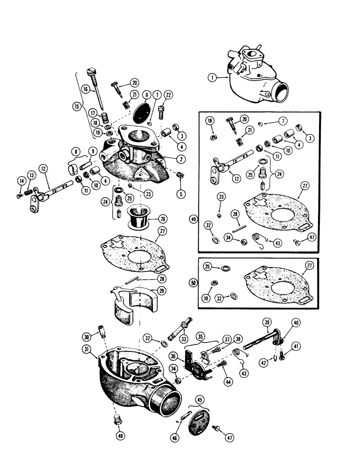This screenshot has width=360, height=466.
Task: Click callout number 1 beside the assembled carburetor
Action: click(213, 78)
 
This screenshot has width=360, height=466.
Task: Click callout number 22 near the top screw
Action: click(168, 95)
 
